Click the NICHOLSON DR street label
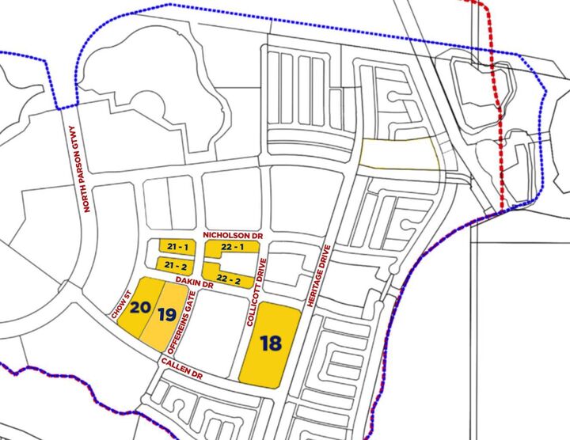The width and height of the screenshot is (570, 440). (234, 236)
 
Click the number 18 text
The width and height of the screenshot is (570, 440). (271, 343)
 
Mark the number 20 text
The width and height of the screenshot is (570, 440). (142, 306)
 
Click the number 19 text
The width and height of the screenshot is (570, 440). (167, 313)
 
